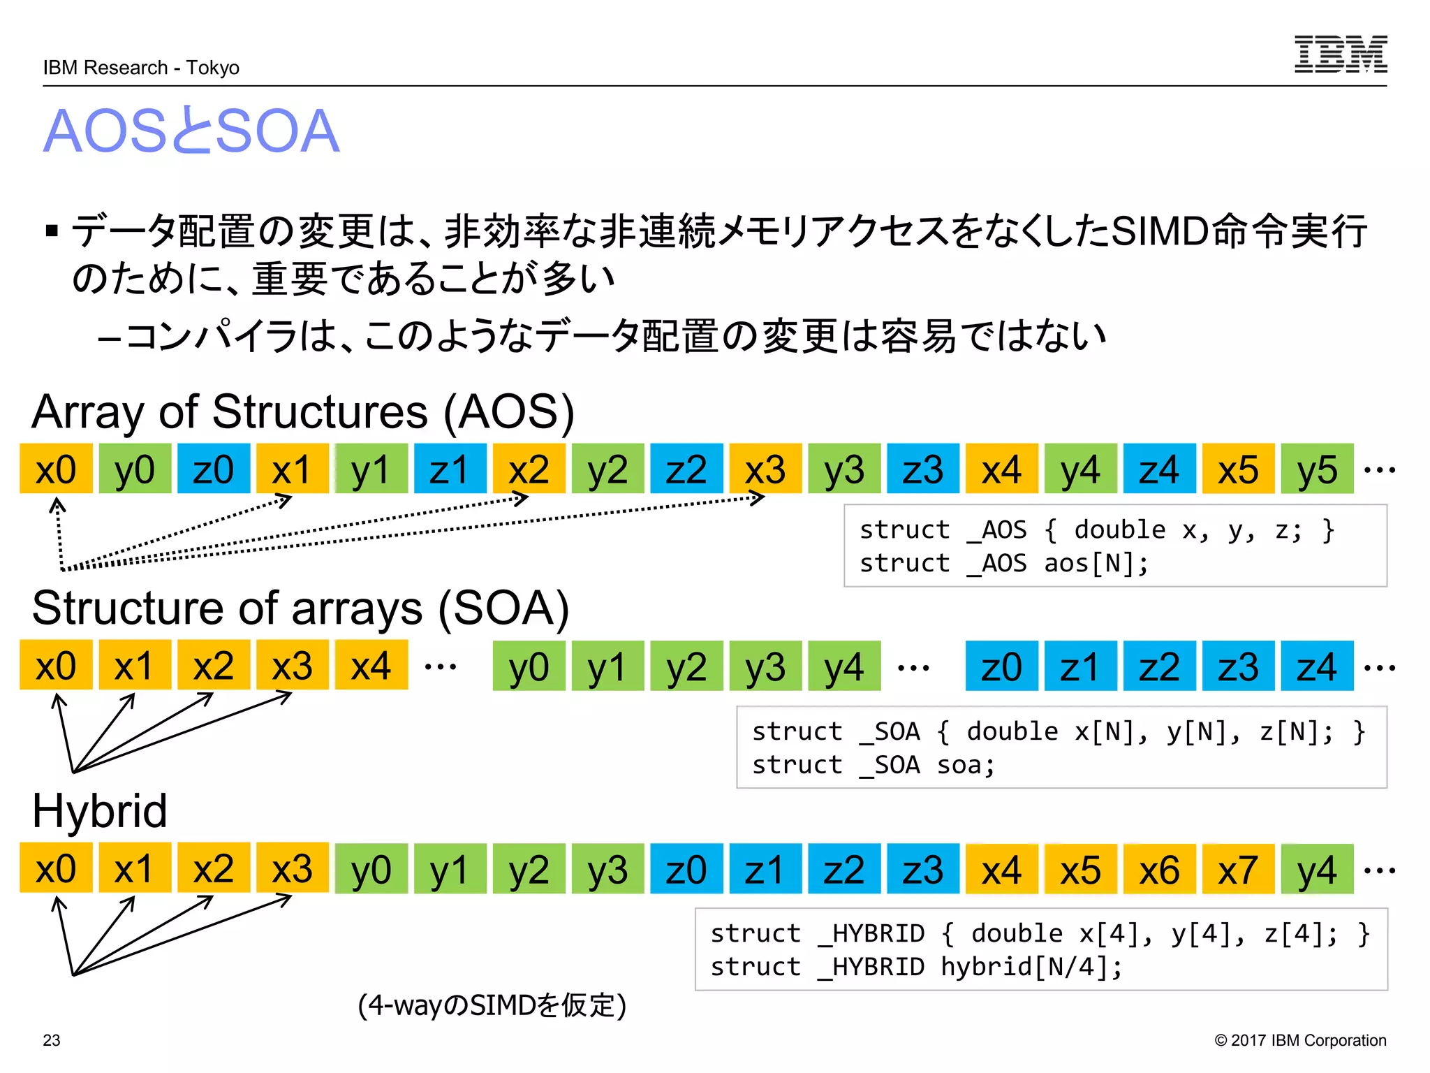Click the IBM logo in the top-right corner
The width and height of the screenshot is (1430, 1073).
click(1340, 54)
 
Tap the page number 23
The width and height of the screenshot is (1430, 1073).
click(52, 1040)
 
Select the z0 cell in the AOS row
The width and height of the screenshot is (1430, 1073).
click(213, 469)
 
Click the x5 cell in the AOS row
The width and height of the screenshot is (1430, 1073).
click(1238, 469)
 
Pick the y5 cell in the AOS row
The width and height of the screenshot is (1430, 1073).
click(1317, 469)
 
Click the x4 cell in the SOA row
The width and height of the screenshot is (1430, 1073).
click(371, 666)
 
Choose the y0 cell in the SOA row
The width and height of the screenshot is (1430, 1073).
click(529, 666)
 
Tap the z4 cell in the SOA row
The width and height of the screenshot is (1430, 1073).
click(1317, 666)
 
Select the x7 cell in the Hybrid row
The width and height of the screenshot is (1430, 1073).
click(1238, 869)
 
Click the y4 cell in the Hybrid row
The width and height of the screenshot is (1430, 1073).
click(1317, 869)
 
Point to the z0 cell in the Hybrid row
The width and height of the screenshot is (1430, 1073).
click(686, 869)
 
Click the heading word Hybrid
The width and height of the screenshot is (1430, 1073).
click(100, 811)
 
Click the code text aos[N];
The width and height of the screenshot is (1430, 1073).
click(1096, 563)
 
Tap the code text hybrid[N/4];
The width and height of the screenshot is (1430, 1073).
click(1031, 967)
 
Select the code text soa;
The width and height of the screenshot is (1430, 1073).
click(966, 765)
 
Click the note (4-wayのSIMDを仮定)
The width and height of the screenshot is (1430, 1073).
click(492, 1005)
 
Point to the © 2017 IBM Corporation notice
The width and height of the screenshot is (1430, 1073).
click(1300, 1040)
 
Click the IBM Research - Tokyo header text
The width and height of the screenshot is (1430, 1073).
click(141, 68)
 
